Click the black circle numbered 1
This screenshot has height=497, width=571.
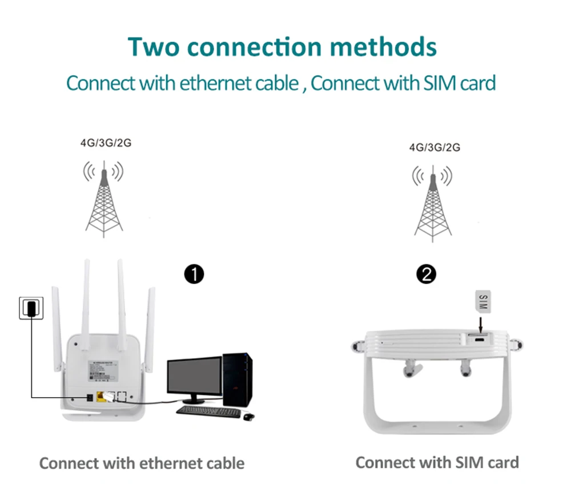click(x=195, y=275)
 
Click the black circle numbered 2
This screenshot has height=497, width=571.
click(x=427, y=275)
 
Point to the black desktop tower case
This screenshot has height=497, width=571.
click(x=237, y=379)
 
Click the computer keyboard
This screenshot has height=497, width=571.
click(x=209, y=411)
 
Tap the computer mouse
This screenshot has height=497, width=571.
click(x=248, y=417)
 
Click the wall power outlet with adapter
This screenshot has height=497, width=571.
click(x=29, y=308)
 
